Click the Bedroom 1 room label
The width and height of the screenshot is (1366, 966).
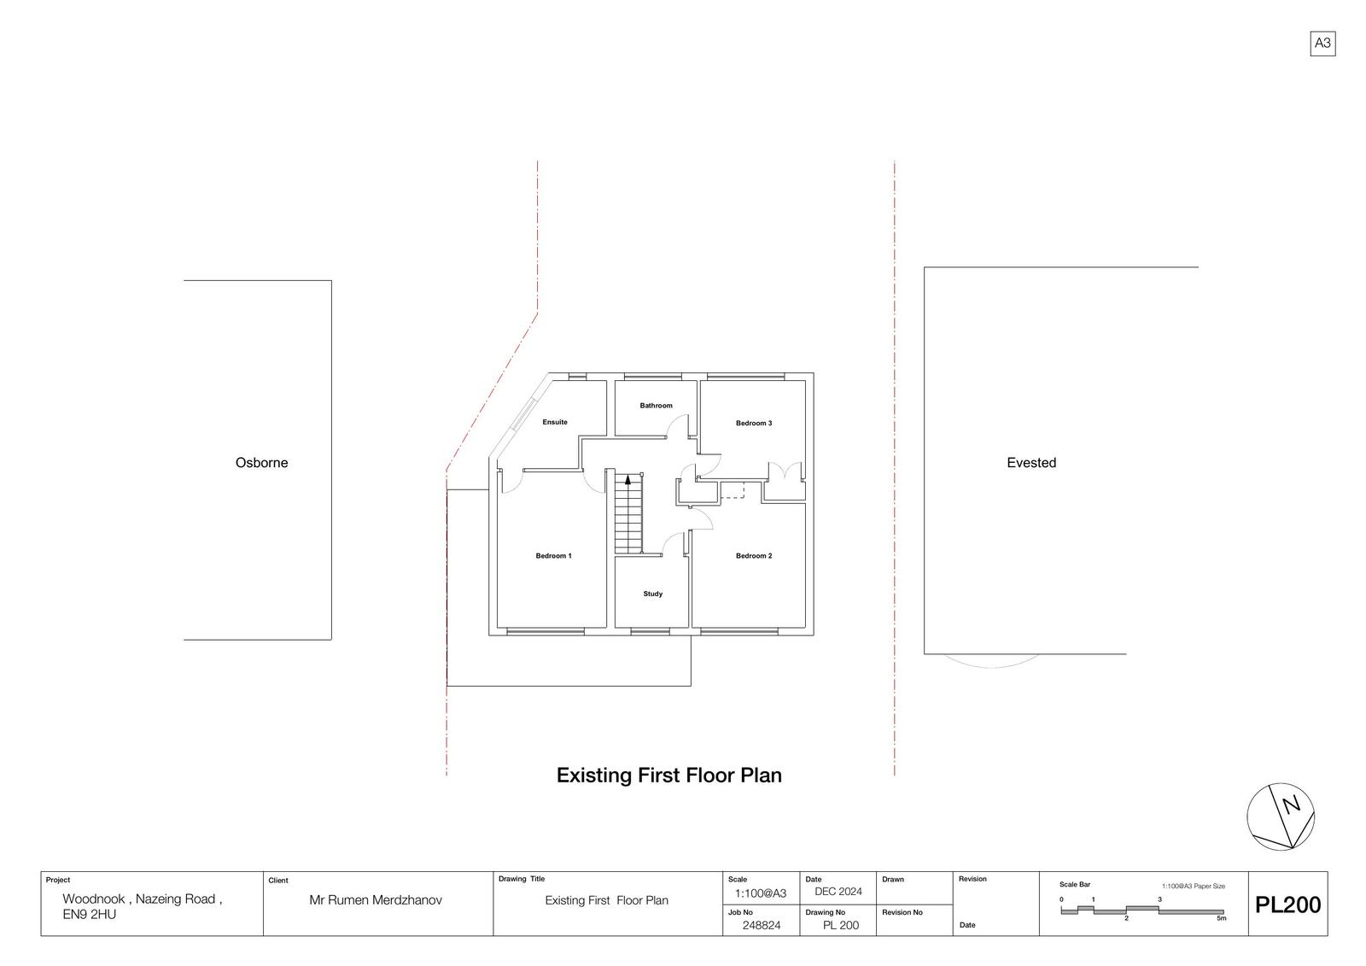pyautogui.click(x=554, y=556)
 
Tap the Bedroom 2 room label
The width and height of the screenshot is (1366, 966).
pyautogui.click(x=754, y=556)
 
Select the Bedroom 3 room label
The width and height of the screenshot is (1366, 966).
pyautogui.click(x=754, y=423)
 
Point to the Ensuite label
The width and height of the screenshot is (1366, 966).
pyautogui.click(x=555, y=422)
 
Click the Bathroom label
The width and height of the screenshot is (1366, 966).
pyautogui.click(x=657, y=405)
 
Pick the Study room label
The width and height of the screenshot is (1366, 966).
pyautogui.click(x=652, y=594)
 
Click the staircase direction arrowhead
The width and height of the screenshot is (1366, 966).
pyautogui.click(x=628, y=480)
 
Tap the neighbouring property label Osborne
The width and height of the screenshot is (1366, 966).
pyautogui.click(x=261, y=463)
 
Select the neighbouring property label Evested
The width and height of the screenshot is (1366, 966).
pyautogui.click(x=1031, y=463)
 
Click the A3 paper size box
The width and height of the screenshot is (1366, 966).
pyautogui.click(x=1322, y=44)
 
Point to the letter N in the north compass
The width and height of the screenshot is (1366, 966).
pyautogui.click(x=1291, y=805)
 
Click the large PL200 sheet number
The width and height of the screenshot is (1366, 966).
pyautogui.click(x=1288, y=905)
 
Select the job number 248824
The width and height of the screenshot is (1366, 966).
pyautogui.click(x=762, y=925)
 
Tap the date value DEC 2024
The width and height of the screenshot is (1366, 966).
pyautogui.click(x=838, y=892)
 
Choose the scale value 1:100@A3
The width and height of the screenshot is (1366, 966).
pyautogui.click(x=761, y=893)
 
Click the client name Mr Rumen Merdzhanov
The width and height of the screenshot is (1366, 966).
pyautogui.click(x=376, y=900)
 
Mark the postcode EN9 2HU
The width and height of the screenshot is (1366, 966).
pyautogui.click(x=89, y=914)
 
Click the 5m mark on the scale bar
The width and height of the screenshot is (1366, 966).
pyautogui.click(x=1222, y=918)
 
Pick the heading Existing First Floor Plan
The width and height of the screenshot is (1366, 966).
pyautogui.click(x=669, y=775)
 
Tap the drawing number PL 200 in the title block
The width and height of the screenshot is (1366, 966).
pyautogui.click(x=841, y=925)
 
